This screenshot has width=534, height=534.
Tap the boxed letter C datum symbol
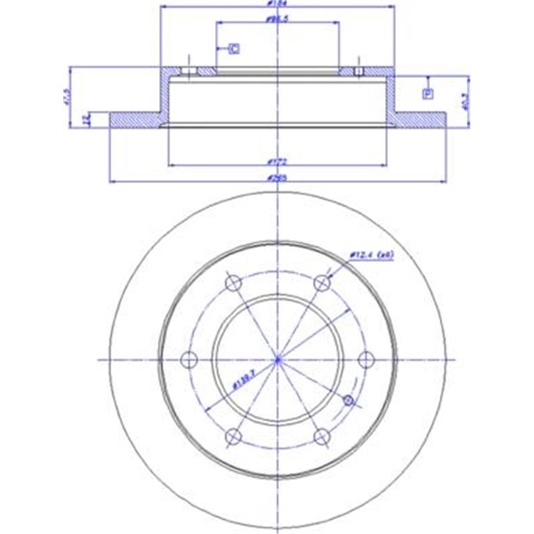234,48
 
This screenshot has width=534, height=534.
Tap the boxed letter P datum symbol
427,93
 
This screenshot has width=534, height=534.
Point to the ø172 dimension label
274,161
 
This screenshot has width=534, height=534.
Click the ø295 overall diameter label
276,177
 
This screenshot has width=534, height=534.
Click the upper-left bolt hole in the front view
234,283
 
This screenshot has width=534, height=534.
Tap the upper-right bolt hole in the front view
323,283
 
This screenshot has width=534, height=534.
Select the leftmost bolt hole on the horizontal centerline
190,360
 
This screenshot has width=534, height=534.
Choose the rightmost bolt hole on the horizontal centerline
366,360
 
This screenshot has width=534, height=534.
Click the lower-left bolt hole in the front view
233,437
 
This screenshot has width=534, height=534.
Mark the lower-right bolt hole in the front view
322,437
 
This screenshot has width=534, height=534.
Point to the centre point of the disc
278,360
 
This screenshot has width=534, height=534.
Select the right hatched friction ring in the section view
421,119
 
